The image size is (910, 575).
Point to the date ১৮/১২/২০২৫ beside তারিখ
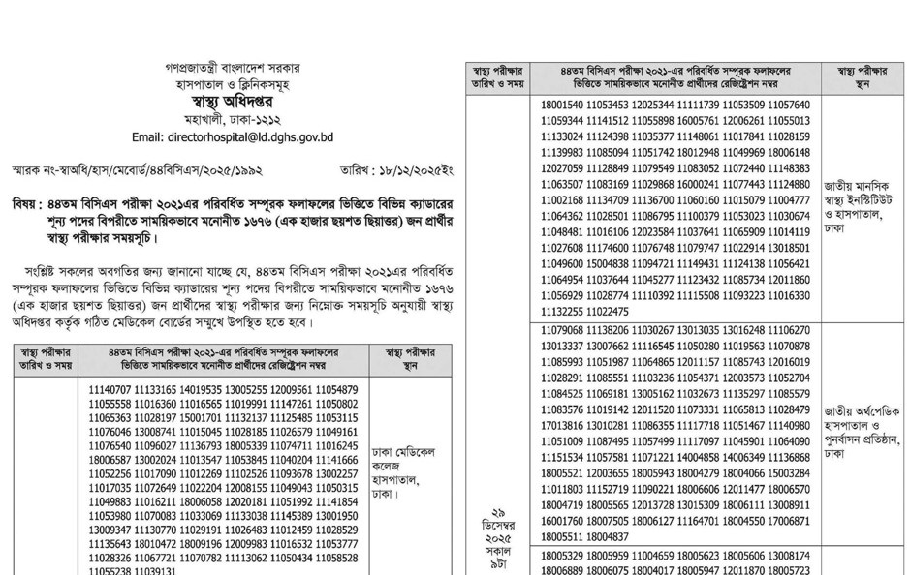[412, 170]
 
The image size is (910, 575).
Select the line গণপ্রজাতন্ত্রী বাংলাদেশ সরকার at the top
[233, 69]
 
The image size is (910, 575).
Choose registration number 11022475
[607, 312]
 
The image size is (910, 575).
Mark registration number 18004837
[607, 535]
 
